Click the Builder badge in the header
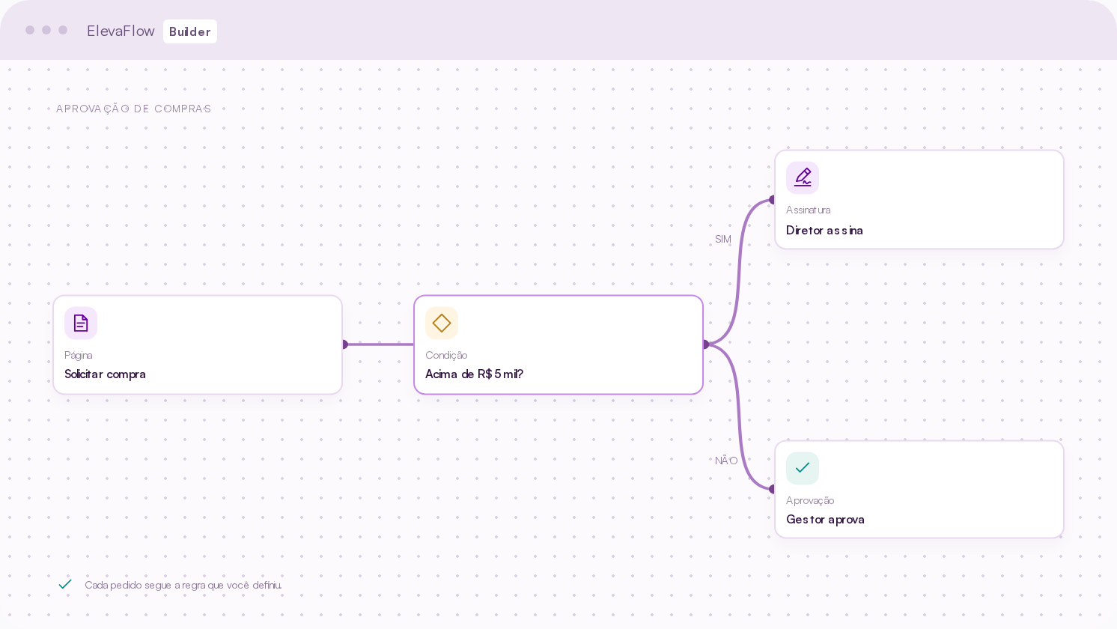(190, 31)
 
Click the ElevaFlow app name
(121, 31)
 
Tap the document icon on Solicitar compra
(81, 323)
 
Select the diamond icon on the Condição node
(441, 323)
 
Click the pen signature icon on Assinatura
(803, 177)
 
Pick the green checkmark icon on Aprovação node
(803, 468)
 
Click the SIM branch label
(723, 239)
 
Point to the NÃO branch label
(726, 460)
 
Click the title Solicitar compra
(106, 374)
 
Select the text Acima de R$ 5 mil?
(474, 374)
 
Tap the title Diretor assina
(824, 230)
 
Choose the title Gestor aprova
(825, 519)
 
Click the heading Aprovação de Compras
(134, 109)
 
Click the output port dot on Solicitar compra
(345, 344)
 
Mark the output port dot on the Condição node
(706, 344)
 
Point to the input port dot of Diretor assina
(772, 200)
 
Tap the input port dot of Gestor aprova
(772, 489)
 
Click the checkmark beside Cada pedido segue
(65, 584)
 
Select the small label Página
(79, 355)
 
